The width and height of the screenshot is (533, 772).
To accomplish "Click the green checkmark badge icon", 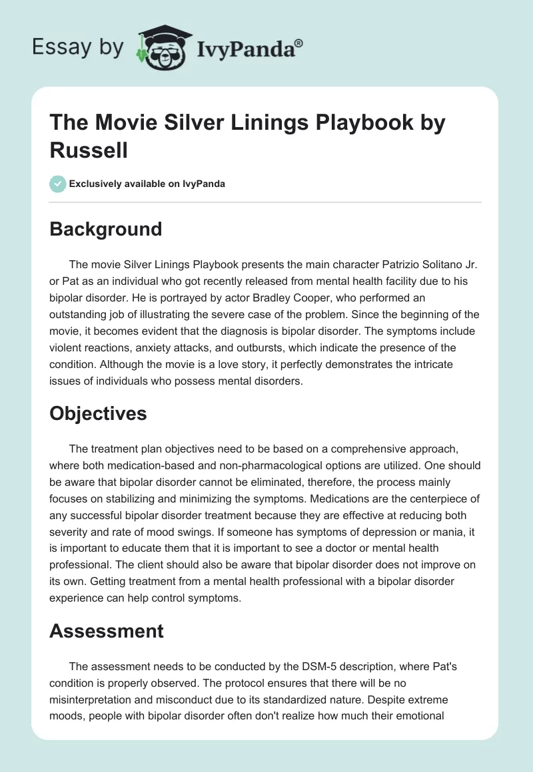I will tap(57, 184).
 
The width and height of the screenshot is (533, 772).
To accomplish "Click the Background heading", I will tap(106, 229).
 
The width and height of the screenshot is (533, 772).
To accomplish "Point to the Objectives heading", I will tap(98, 413).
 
